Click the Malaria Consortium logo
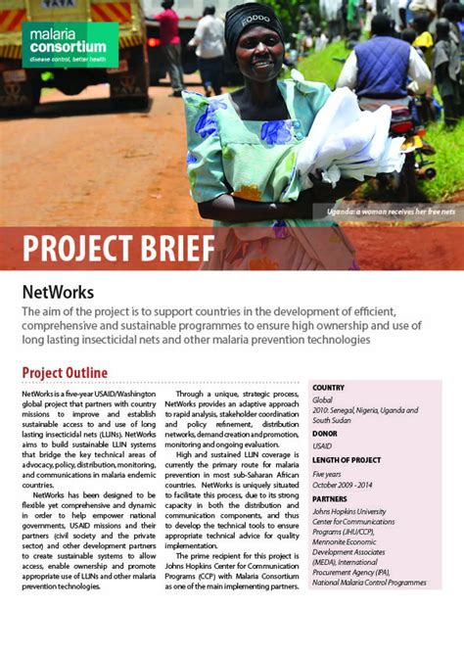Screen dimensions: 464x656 [67, 44]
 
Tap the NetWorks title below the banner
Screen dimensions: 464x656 [58, 292]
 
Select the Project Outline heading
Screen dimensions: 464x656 [65, 372]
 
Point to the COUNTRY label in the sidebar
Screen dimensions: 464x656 [329, 388]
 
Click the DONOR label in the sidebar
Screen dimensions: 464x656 [325, 432]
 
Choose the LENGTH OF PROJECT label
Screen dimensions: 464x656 [348, 461]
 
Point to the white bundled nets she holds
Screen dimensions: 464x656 [348, 137]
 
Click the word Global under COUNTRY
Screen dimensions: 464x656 [324, 400]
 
